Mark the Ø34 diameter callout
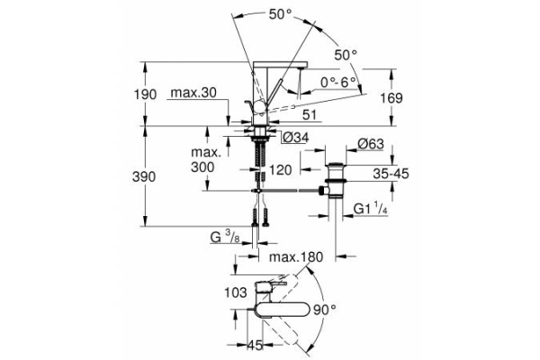point(296,138)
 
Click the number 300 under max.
point(203,168)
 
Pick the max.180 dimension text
point(296,257)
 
